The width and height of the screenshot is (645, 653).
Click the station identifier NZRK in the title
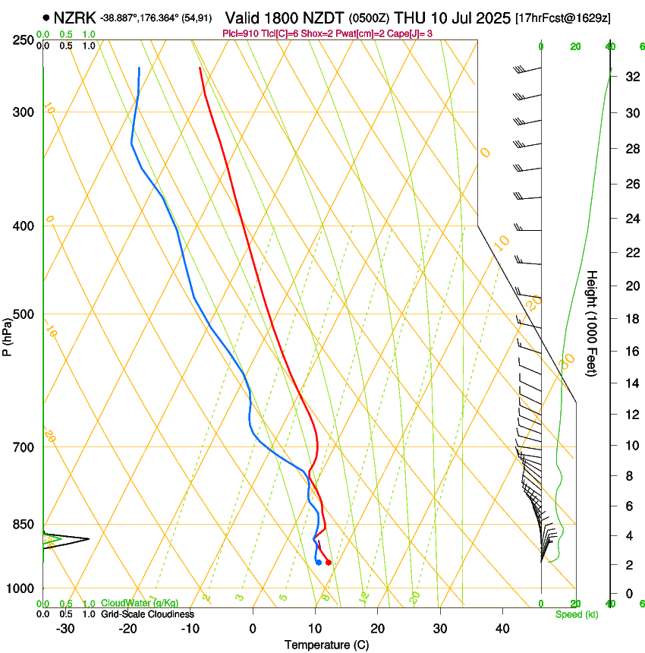pos(74,17)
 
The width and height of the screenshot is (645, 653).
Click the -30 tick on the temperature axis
pos(65,629)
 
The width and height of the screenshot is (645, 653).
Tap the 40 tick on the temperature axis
pos(502,629)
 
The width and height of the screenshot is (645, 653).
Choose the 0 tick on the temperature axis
pos(253,629)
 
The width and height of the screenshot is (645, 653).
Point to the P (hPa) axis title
pos(7,336)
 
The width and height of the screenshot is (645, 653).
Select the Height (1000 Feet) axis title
pos(592,323)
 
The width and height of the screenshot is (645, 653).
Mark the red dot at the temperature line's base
pos(328,563)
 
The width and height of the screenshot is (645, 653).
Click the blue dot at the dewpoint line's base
pos(318,563)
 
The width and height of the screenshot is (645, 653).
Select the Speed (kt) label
pos(576,614)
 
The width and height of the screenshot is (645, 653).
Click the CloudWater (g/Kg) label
pos(137,604)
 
